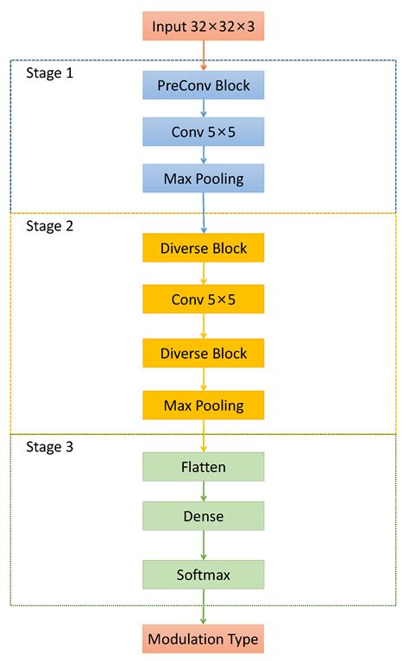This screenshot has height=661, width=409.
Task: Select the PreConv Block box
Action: point(204,85)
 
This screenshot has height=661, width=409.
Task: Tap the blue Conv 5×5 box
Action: point(204,131)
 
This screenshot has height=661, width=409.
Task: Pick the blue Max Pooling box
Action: point(204,178)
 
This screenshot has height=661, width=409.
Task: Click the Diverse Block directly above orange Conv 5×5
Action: point(204,248)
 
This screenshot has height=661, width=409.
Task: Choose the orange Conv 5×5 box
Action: point(204,299)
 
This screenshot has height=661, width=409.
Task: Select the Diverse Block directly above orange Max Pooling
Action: point(204,353)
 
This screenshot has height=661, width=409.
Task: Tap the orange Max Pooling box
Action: point(204,404)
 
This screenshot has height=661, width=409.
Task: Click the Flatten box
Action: point(204,467)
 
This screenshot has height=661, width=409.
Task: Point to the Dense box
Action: point(204,516)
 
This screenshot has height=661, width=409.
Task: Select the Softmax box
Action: point(204,573)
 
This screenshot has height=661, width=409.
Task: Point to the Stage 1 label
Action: point(50,73)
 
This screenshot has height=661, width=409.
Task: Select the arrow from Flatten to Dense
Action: point(204,491)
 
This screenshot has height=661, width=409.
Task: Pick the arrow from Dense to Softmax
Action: point(204,545)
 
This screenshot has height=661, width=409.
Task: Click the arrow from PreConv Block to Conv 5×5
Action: point(204,108)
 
